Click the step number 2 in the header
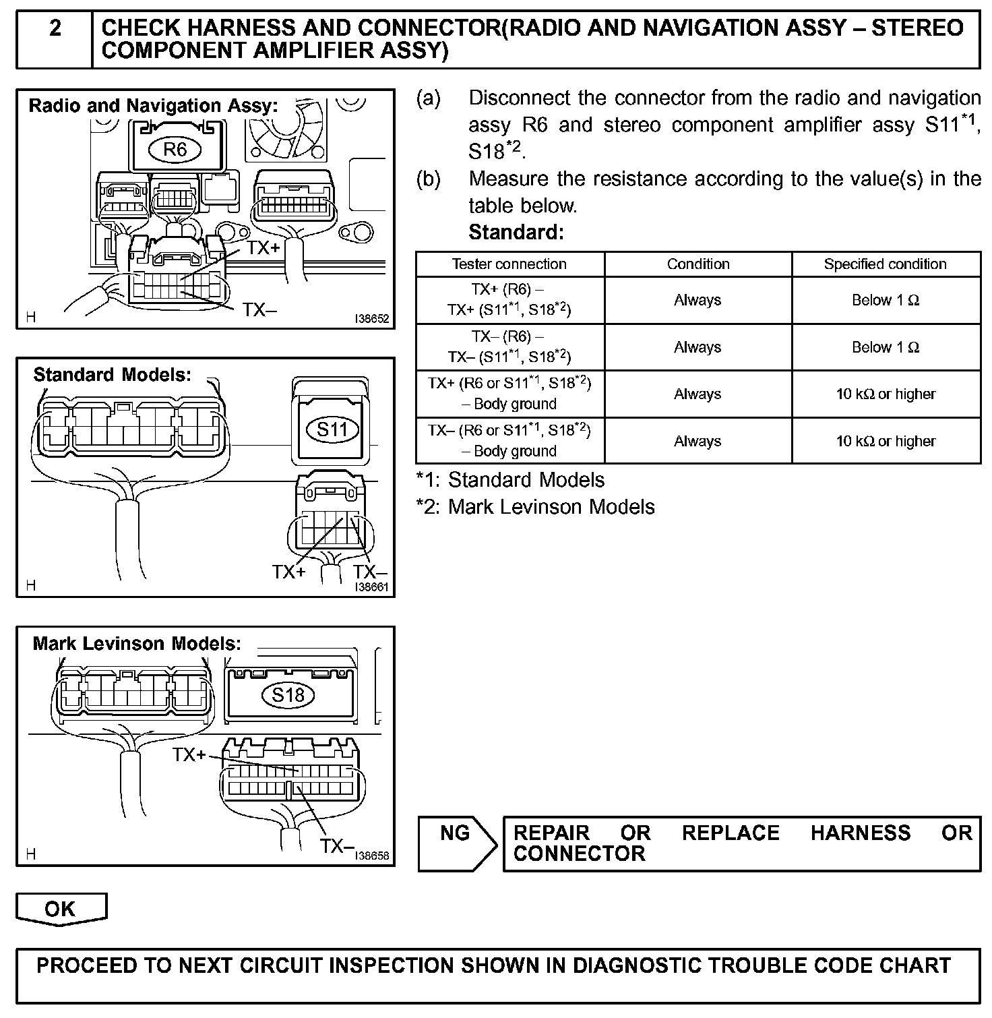click(55, 28)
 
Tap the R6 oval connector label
click(175, 149)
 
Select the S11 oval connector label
click(332, 429)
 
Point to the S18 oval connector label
click(288, 695)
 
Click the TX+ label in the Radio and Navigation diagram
click(263, 248)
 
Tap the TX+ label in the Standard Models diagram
click(288, 572)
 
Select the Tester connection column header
click(509, 264)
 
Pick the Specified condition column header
click(885, 264)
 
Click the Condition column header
click(698, 264)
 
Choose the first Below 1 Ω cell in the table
click(885, 300)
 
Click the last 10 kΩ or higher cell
click(885, 441)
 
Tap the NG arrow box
click(458, 843)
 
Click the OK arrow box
click(61, 909)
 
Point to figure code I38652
click(373, 319)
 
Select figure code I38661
click(372, 587)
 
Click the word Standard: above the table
click(516, 233)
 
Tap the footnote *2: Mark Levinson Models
click(536, 507)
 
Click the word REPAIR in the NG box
click(551, 833)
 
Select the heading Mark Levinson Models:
click(137, 643)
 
